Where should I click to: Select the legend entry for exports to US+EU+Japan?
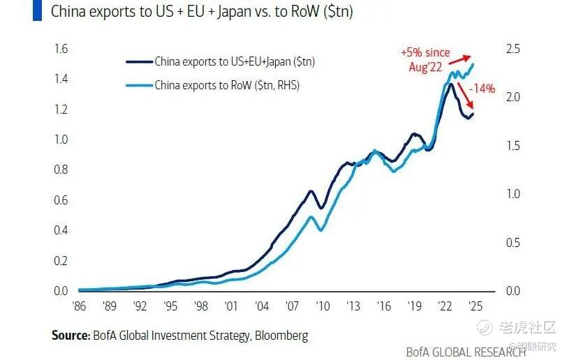(235, 62)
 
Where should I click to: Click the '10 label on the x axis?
(322, 305)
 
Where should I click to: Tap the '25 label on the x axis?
(474, 305)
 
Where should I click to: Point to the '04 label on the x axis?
(263, 305)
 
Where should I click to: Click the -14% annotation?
(482, 89)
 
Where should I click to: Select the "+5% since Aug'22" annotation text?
(426, 59)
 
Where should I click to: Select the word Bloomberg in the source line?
(283, 336)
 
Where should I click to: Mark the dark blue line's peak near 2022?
(451, 84)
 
